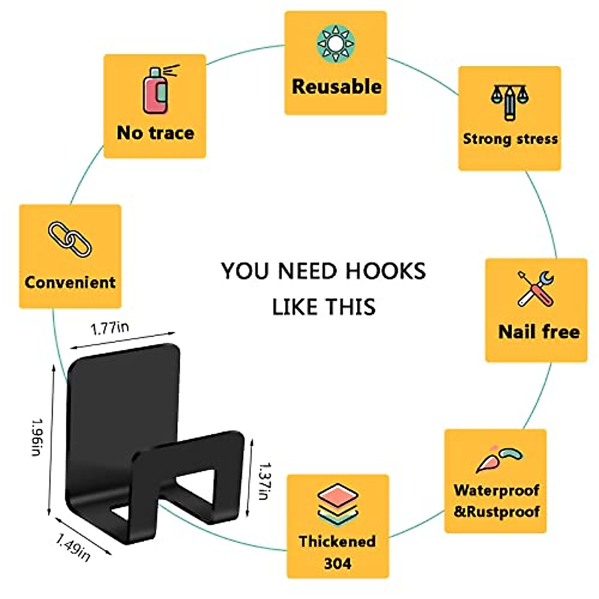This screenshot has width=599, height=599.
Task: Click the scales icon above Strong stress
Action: pyautogui.click(x=510, y=99)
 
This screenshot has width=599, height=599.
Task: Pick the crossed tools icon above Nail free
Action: pyautogui.click(x=536, y=289)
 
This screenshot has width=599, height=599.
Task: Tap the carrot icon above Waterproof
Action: pyautogui.click(x=497, y=458)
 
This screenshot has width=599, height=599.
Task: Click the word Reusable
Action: pyautogui.click(x=336, y=86)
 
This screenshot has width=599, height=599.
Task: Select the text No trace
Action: pyautogui.click(x=155, y=133)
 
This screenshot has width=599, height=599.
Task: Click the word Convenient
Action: pyautogui.click(x=70, y=282)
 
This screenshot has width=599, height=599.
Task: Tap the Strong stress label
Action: pyautogui.click(x=510, y=139)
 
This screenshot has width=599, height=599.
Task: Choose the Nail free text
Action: pyautogui.click(x=539, y=331)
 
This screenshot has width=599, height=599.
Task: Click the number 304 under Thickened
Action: pyautogui.click(x=337, y=564)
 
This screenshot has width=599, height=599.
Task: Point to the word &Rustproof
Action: pyautogui.click(x=497, y=512)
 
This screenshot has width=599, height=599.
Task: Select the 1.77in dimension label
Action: pyautogui.click(x=110, y=328)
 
